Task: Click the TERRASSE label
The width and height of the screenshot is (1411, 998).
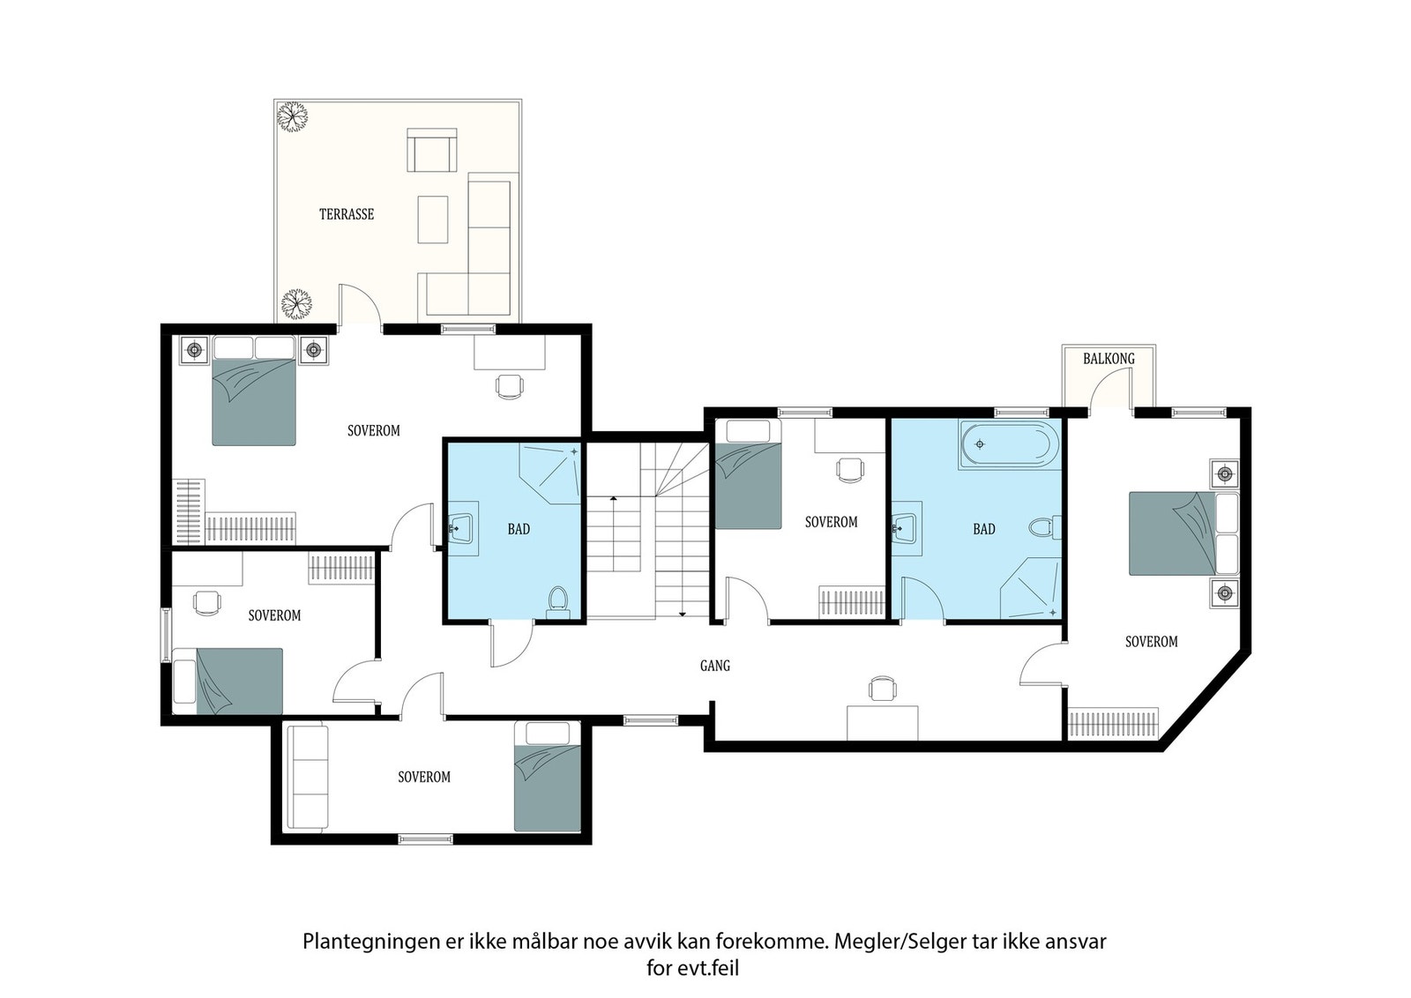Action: click(347, 214)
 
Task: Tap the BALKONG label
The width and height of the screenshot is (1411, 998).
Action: click(1109, 358)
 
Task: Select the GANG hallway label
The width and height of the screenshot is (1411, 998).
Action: click(715, 666)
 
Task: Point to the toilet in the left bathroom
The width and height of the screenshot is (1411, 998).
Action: click(557, 602)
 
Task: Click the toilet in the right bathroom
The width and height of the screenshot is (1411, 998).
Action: click(1046, 527)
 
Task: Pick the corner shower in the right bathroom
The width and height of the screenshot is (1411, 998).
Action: click(1031, 588)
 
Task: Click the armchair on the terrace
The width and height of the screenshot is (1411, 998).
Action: click(431, 150)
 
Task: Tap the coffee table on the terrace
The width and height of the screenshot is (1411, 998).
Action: click(433, 220)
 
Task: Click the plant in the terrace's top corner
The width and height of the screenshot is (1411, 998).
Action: click(293, 116)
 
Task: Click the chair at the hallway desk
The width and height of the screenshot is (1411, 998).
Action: click(882, 688)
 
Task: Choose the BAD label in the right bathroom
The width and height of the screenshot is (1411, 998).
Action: click(984, 529)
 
